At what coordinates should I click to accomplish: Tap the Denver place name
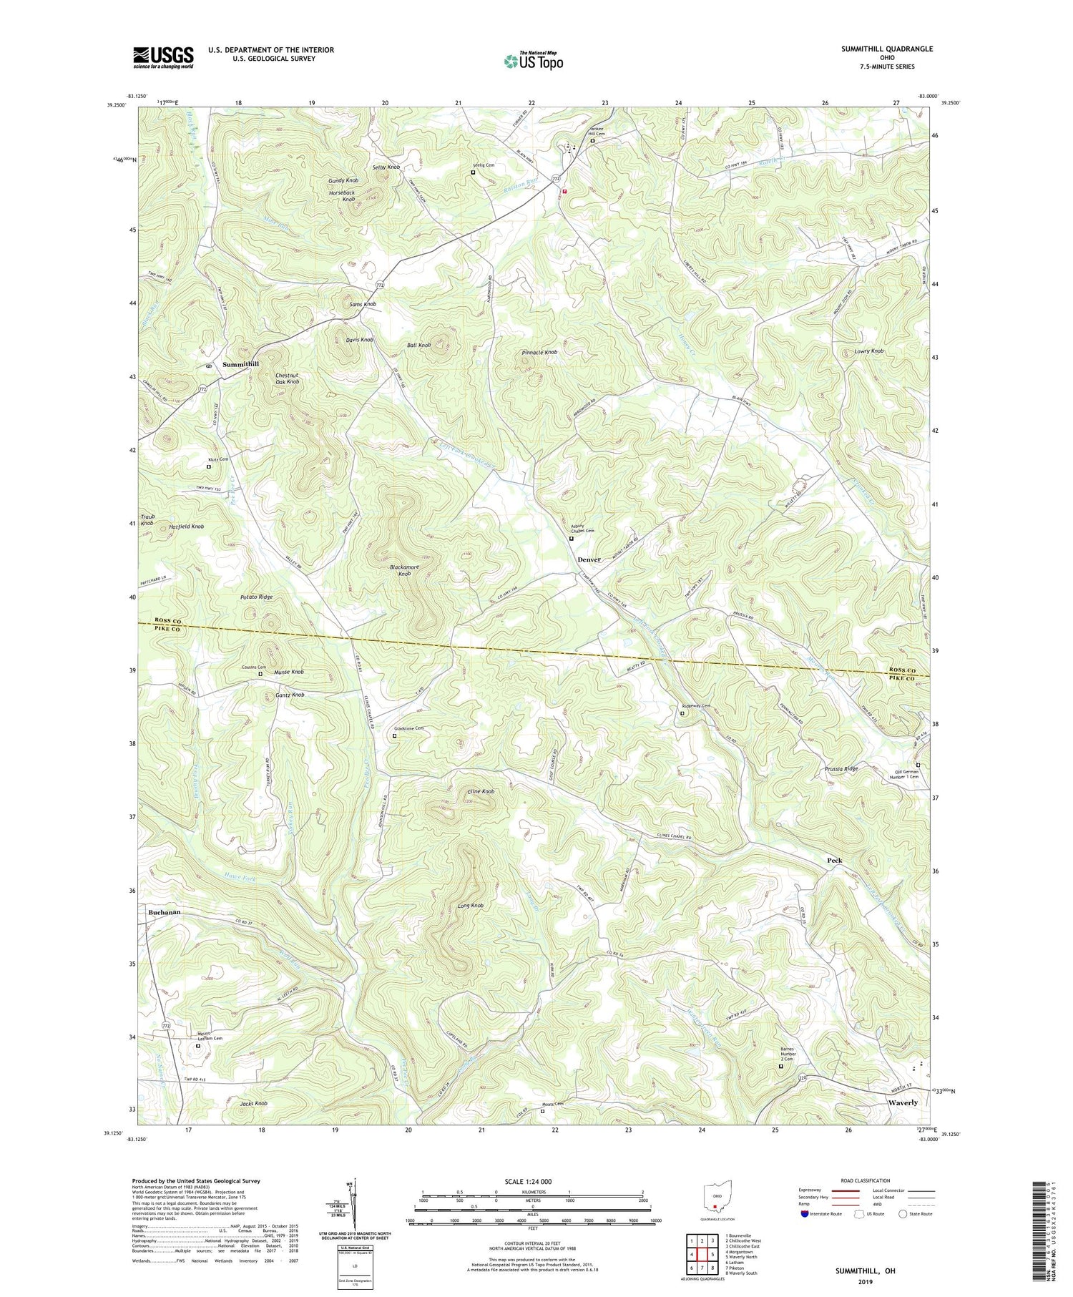[x=589, y=559]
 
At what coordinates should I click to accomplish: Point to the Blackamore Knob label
[x=404, y=570]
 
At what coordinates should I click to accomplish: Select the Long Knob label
[x=470, y=906]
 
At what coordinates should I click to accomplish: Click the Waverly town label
[x=903, y=1102]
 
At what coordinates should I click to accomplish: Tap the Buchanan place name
[x=165, y=913]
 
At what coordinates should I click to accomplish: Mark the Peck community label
[x=834, y=861]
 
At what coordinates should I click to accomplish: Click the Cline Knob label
[x=481, y=792]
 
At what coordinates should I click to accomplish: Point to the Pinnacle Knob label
[x=539, y=353]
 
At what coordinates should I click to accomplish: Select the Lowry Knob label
[x=868, y=351]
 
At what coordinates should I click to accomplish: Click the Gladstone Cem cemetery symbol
[x=394, y=735]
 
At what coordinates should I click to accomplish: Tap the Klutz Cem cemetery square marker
[x=209, y=466]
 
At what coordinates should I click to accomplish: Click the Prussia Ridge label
[x=840, y=769]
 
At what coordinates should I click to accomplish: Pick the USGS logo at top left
[x=163, y=57]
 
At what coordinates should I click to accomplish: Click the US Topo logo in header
[x=534, y=61]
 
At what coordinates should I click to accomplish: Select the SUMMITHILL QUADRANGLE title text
[x=887, y=49]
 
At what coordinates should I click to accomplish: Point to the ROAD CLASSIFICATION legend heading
[x=866, y=1180]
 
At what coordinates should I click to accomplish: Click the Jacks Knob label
[x=253, y=1104]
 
